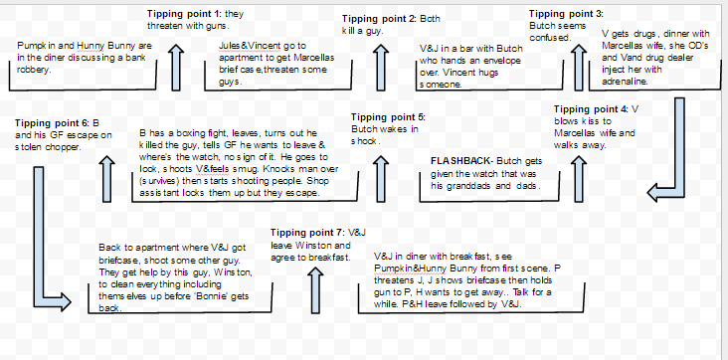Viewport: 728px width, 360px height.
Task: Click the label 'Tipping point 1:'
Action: (x=184, y=13)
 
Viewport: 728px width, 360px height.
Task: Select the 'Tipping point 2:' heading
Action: (x=378, y=19)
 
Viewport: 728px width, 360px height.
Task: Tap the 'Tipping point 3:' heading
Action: (x=565, y=13)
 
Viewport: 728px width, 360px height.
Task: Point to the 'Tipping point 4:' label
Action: (x=591, y=108)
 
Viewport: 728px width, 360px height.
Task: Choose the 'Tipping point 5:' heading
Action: (x=388, y=117)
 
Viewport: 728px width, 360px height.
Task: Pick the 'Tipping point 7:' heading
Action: (x=308, y=233)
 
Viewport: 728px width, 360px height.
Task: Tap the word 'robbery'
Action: (x=34, y=69)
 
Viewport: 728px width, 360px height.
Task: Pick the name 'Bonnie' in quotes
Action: (x=204, y=295)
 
